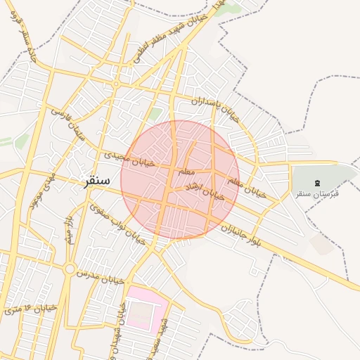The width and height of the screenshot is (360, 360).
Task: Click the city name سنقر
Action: [x=96, y=180]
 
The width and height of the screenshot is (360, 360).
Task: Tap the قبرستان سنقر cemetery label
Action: [x=316, y=193]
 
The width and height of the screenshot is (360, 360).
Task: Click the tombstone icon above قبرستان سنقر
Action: [x=316, y=183]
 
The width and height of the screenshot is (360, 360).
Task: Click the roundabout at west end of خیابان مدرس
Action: [x=70, y=269]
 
